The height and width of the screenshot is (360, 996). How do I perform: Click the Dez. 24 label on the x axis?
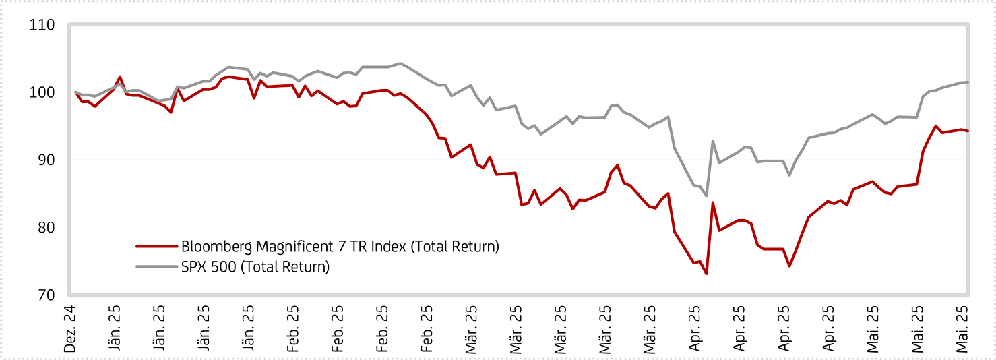coord(69,328)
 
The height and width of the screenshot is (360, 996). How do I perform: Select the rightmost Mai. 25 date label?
coord(962,328)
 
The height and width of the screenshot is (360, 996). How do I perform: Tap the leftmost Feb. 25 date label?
coord(293,328)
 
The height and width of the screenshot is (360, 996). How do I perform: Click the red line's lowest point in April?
coord(706,274)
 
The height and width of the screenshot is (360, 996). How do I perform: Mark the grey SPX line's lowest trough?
coord(706,196)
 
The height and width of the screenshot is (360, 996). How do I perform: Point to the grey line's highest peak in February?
coord(400,63)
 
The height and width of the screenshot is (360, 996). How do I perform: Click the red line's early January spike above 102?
coord(120,77)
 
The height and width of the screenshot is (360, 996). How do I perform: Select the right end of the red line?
coord(968,131)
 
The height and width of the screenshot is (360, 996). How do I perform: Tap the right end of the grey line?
coord(968,82)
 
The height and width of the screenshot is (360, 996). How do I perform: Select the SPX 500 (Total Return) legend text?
coord(255,267)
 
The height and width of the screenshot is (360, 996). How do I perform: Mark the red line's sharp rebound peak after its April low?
coord(713,203)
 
